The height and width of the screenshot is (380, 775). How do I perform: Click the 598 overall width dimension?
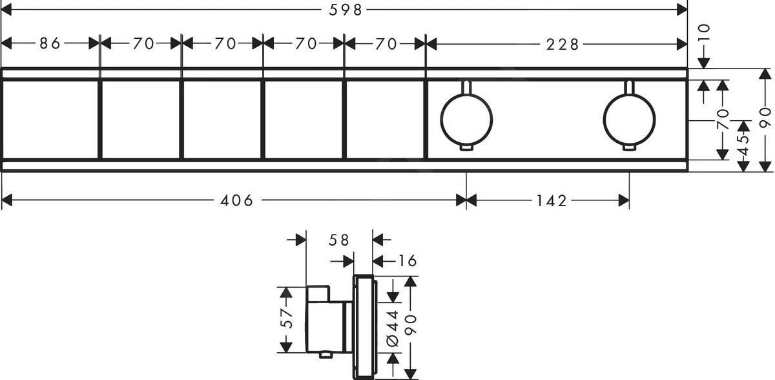pos(344,9)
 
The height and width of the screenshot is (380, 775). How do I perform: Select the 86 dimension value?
pos(50,43)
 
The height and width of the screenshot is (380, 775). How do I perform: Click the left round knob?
pos(466,121)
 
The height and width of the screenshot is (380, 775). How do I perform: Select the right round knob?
pos(628,121)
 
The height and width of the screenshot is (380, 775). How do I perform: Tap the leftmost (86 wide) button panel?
pos(50,118)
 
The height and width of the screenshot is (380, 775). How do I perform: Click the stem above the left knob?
pos(466,88)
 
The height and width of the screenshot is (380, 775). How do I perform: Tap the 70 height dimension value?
pos(723,120)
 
